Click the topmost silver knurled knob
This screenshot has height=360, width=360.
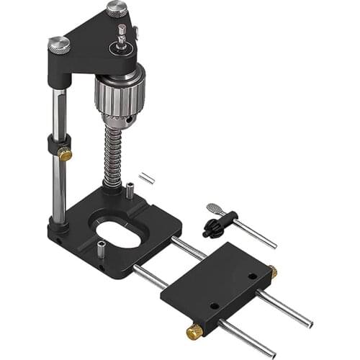click(x=117, y=9)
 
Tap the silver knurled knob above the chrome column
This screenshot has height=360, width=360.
click(x=60, y=45)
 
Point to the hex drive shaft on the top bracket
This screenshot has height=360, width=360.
click(x=122, y=33)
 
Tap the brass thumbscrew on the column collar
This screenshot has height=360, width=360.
click(x=65, y=153)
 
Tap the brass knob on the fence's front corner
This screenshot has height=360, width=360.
click(x=194, y=332)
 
